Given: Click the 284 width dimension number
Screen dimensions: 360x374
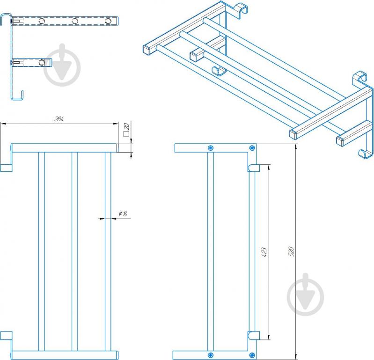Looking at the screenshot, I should pos(59,119).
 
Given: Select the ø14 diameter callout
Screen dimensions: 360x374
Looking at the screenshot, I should pos(123,214).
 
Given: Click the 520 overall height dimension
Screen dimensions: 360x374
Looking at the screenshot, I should pos(291,251).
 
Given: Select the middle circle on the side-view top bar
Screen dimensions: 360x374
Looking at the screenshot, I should pos(74,21).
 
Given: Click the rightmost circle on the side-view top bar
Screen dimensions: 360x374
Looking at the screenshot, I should pos(109,21).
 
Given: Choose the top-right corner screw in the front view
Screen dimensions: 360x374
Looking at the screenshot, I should pos(252,148).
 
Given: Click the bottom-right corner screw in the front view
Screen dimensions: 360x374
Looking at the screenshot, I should pos(252,354).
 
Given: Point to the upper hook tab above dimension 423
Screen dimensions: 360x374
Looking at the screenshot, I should pos(253,167).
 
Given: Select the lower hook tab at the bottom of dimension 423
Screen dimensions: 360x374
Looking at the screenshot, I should pos(253,335).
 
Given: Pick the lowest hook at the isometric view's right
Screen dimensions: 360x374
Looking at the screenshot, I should pos(364,152).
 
